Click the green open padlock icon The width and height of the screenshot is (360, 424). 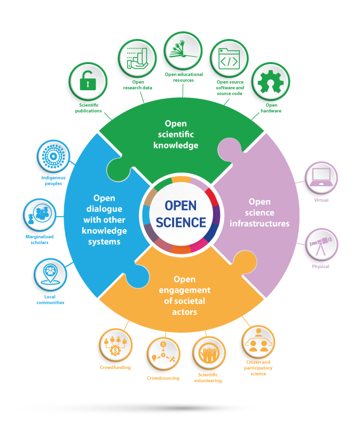click(88, 82)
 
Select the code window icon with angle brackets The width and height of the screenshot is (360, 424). click(228, 60)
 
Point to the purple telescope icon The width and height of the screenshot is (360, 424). click(320, 246)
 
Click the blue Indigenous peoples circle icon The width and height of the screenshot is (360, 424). click(53, 158)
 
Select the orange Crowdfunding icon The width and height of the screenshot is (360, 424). click(114, 346)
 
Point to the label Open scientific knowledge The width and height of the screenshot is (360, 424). click(176, 135)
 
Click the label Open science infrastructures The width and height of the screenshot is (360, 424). click(260, 213)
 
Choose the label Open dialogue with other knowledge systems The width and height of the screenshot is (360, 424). click(104, 219)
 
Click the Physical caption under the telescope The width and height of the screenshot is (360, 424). click(320, 265)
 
